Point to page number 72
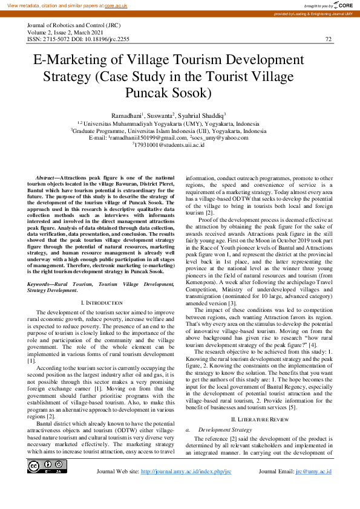(329, 39)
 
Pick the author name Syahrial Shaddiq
(203, 115)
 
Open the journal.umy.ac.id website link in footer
(186, 471)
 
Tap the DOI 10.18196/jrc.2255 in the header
(108, 39)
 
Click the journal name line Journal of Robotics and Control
(79, 25)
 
